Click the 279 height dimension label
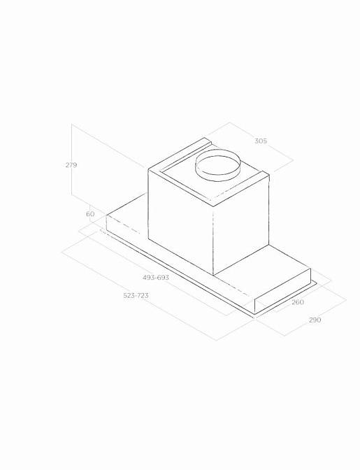[71, 165]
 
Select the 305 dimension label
[261, 141]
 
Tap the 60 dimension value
[90, 214]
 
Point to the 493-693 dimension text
[156, 278]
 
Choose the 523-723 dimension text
[136, 296]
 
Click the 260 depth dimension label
[298, 302]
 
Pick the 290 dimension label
[315, 320]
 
